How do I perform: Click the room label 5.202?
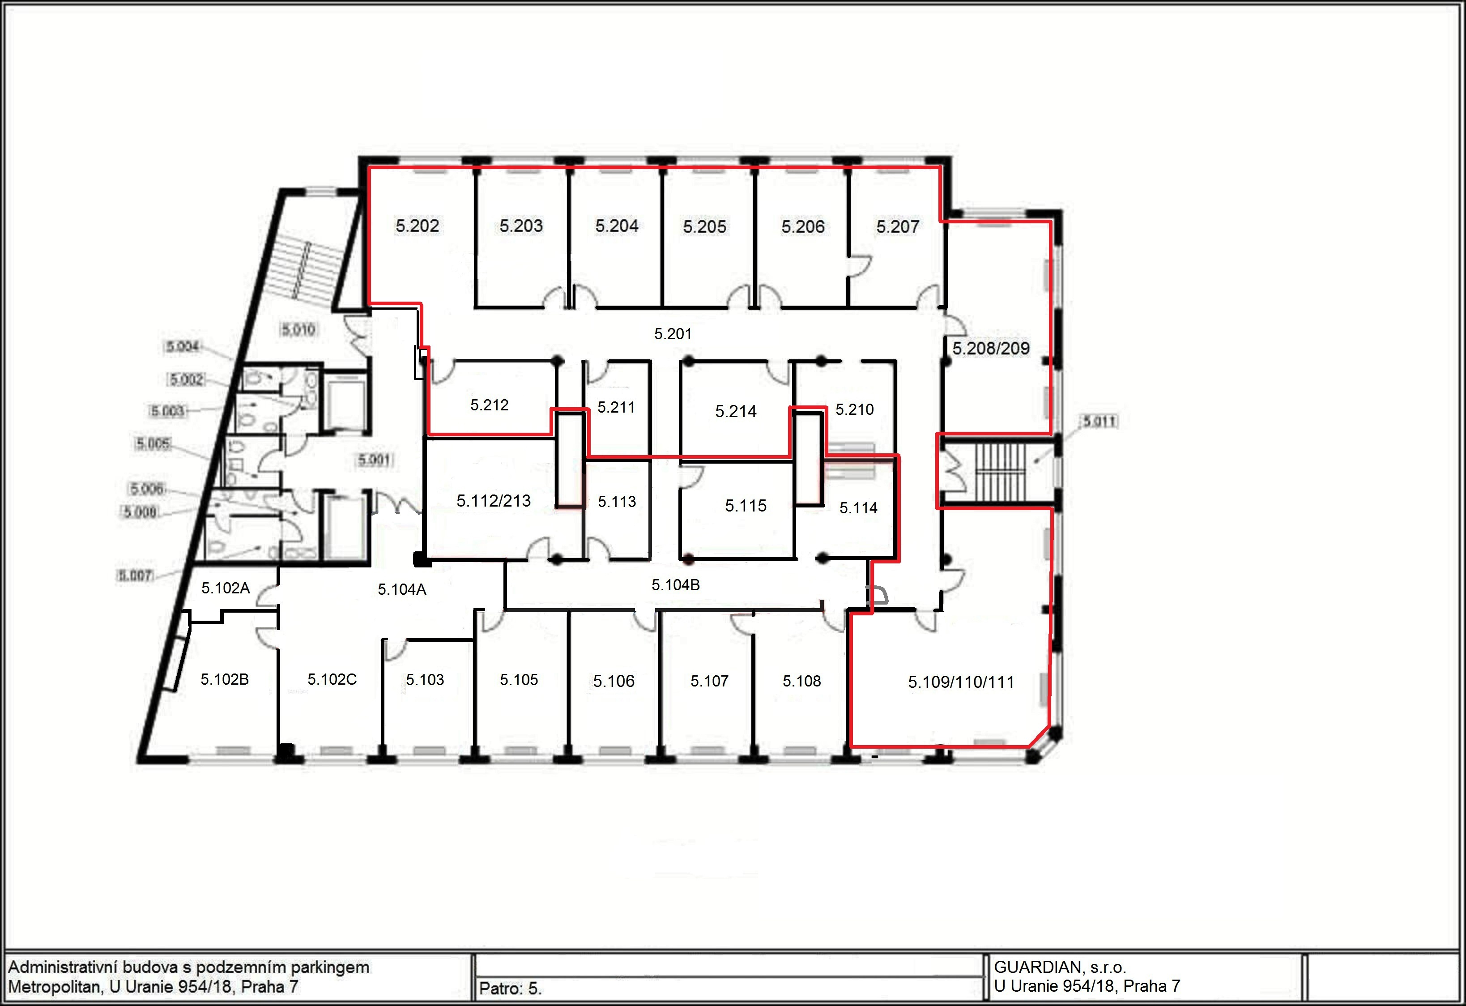click(x=417, y=226)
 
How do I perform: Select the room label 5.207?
click(x=898, y=226)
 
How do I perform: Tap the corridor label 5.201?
click(x=673, y=334)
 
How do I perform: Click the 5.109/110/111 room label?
click(x=961, y=682)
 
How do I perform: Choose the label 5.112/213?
click(x=493, y=501)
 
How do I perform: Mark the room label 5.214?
click(x=736, y=411)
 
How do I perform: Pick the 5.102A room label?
click(x=225, y=588)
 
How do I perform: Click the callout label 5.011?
click(x=1100, y=421)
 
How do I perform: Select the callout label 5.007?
click(x=136, y=575)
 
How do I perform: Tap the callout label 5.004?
click(x=183, y=346)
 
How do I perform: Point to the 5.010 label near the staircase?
click(x=298, y=329)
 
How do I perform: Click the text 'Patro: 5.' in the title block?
click(x=510, y=989)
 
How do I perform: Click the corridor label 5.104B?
click(x=676, y=585)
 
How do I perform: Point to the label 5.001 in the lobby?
click(x=374, y=460)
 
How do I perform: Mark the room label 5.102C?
click(x=332, y=679)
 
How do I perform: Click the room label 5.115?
click(x=746, y=506)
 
